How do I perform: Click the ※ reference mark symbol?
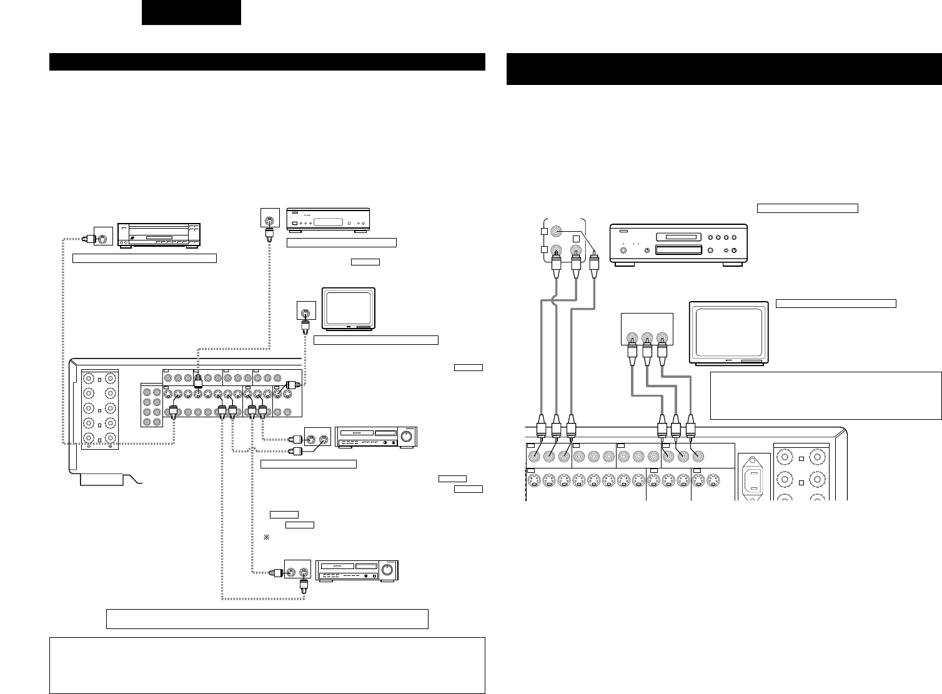point(266,537)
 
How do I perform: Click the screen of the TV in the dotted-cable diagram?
point(348,307)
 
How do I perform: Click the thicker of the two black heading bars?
point(724,69)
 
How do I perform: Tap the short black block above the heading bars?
point(191,12)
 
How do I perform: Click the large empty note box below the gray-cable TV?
point(826,395)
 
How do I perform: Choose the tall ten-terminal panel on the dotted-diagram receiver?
point(100,410)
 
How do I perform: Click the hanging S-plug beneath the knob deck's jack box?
point(304,587)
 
